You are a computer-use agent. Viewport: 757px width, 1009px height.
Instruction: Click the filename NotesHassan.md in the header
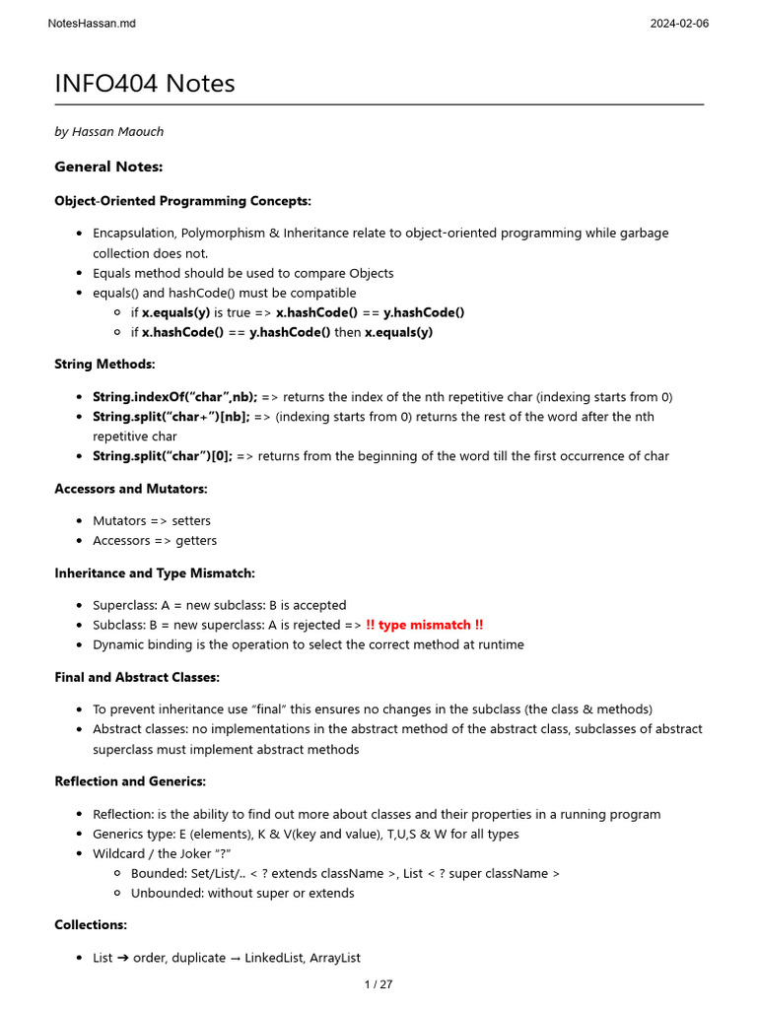click(92, 24)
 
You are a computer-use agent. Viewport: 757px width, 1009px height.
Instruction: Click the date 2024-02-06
click(679, 24)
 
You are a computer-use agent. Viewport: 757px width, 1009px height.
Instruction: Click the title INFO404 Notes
click(145, 84)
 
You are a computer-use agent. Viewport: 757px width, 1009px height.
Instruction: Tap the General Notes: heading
click(108, 167)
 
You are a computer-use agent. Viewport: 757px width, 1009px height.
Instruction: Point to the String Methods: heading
click(104, 365)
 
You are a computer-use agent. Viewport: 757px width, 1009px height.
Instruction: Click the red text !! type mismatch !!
click(424, 625)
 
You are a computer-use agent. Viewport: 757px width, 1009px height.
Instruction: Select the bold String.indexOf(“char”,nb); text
click(174, 397)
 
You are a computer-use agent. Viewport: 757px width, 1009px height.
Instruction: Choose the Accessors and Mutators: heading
click(131, 489)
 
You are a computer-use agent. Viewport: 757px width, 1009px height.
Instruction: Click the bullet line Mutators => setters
click(151, 521)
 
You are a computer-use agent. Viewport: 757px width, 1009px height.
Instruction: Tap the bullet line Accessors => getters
click(155, 541)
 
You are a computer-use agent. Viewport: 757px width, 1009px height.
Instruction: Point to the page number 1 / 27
click(378, 984)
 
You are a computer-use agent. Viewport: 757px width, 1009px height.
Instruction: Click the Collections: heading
click(91, 925)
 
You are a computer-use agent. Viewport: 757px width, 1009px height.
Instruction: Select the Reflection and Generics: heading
click(130, 781)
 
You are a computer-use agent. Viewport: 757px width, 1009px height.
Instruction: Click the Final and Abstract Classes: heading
click(137, 677)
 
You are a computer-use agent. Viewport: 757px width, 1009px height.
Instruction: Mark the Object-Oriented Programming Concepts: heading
click(182, 201)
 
